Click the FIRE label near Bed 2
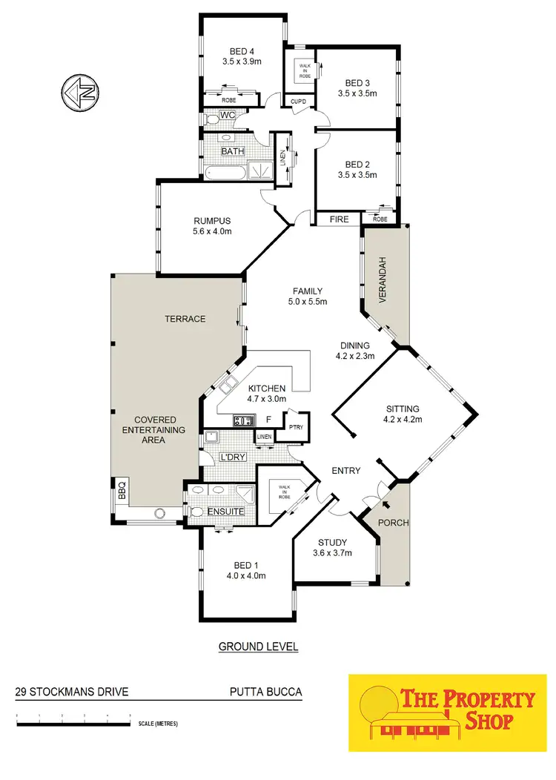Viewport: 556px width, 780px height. (340, 219)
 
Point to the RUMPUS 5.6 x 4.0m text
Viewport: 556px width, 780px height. (213, 226)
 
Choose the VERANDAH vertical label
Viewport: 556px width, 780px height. (383, 277)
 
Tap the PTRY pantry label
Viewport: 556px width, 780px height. (295, 426)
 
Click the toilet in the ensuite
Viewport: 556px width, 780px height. (196, 512)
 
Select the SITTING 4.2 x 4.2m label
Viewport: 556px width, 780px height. (403, 414)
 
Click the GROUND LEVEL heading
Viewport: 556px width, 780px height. (258, 647)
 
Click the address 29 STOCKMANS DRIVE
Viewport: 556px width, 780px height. (72, 693)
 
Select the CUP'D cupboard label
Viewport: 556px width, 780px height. (299, 102)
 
